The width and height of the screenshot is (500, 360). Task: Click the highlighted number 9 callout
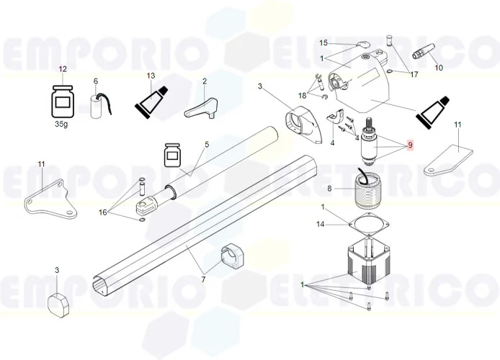pos(410,145)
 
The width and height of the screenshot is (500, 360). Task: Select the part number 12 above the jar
pos(63,69)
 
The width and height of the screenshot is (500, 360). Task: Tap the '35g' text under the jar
pos(62,123)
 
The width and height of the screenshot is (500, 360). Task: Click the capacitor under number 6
pos(99,105)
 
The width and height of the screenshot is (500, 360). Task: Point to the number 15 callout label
pos(323,43)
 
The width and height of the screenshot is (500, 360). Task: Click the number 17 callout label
pos(414,74)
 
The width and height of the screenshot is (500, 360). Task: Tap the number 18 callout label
pos(303,94)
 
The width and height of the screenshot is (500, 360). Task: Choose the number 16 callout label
pos(102,212)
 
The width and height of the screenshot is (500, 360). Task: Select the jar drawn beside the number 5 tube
pos(172,154)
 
